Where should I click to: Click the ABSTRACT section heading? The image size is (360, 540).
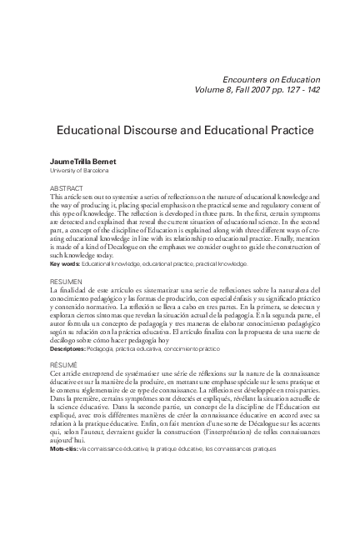click(x=66, y=189)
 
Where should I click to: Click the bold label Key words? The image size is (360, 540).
click(x=66, y=263)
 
